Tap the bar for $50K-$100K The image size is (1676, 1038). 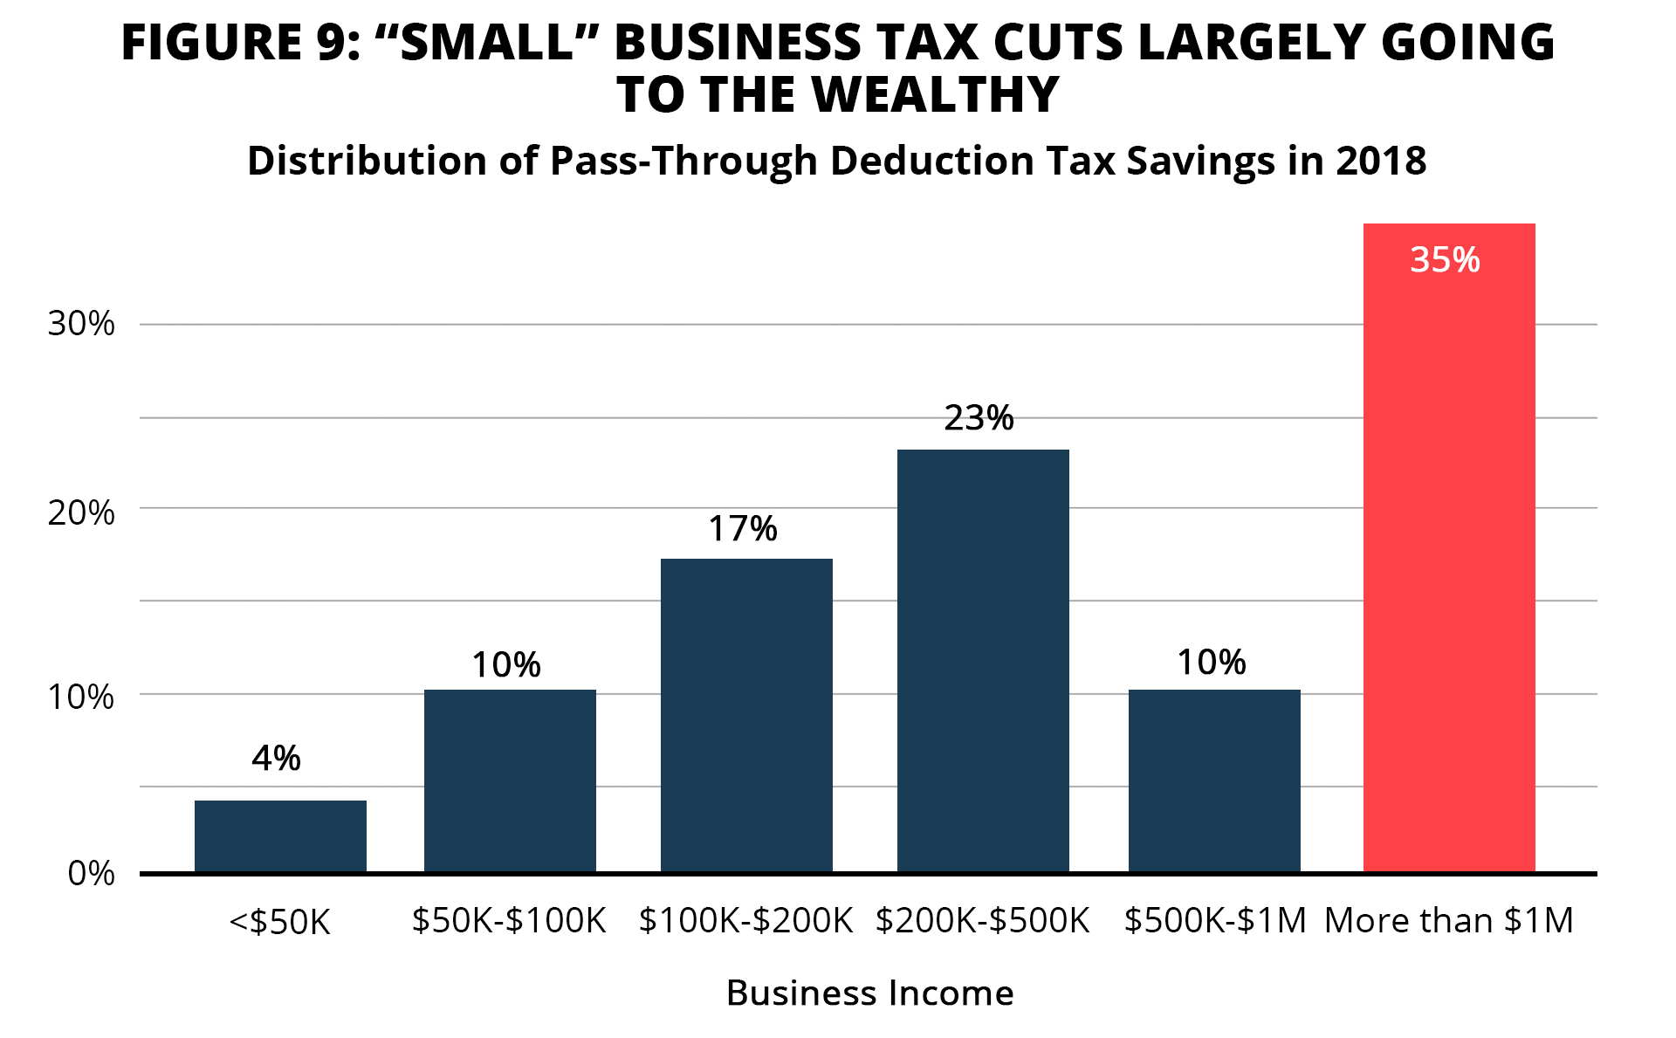click(510, 780)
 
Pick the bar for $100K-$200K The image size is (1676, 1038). click(746, 715)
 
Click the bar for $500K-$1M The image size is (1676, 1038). click(1214, 780)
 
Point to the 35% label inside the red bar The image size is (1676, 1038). click(1445, 260)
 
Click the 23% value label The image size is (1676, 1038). click(979, 418)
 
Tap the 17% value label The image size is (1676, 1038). click(742, 528)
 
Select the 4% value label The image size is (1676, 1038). click(276, 758)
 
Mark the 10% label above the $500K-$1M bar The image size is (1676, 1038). click(1211, 663)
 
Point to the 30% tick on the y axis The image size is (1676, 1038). click(81, 324)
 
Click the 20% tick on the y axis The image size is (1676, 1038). click(81, 512)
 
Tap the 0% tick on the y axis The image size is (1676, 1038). click(91, 873)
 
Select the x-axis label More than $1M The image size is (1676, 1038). click(1448, 920)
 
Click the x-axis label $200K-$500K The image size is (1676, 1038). click(982, 920)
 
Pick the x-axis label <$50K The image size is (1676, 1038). click(279, 922)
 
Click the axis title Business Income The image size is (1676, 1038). click(869, 993)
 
